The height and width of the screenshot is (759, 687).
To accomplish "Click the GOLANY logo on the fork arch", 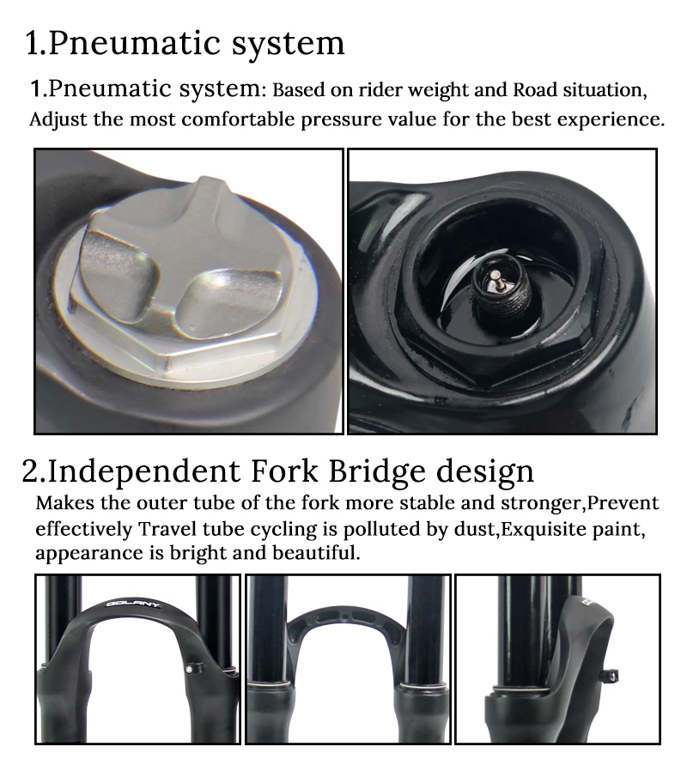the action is click(132, 604).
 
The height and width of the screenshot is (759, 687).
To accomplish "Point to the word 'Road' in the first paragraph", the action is click(534, 90).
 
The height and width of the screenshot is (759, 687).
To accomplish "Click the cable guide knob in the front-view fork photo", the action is click(189, 669).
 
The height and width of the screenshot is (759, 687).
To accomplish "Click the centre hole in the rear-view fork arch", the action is click(344, 618).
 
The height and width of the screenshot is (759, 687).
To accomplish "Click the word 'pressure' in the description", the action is click(340, 120).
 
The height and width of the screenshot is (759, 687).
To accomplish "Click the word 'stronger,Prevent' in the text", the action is click(580, 504).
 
